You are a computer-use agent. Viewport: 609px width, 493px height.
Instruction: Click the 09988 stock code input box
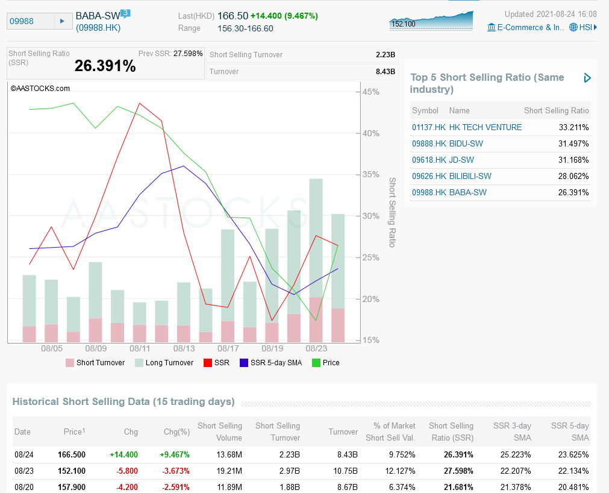click(x=30, y=22)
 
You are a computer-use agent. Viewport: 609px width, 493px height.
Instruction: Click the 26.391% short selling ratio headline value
click(x=105, y=66)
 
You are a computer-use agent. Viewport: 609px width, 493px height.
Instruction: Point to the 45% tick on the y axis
click(x=370, y=92)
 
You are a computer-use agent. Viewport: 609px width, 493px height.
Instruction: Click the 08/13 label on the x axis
click(x=184, y=348)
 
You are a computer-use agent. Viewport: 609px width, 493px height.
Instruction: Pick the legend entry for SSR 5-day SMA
click(x=270, y=363)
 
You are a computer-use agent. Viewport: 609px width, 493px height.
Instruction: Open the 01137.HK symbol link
click(x=429, y=127)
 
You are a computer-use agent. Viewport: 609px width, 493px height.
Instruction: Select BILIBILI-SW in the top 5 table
click(x=470, y=176)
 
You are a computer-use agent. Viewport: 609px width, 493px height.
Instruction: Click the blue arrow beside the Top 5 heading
click(x=587, y=78)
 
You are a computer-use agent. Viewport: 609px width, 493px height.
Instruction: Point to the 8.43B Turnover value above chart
click(x=385, y=72)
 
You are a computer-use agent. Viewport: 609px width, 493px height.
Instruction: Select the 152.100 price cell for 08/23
click(x=72, y=471)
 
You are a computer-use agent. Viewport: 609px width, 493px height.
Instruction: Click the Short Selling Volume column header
click(x=220, y=432)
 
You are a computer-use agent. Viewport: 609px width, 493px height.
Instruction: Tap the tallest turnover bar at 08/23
click(x=316, y=241)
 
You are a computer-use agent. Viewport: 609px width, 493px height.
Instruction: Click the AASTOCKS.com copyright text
click(x=40, y=88)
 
